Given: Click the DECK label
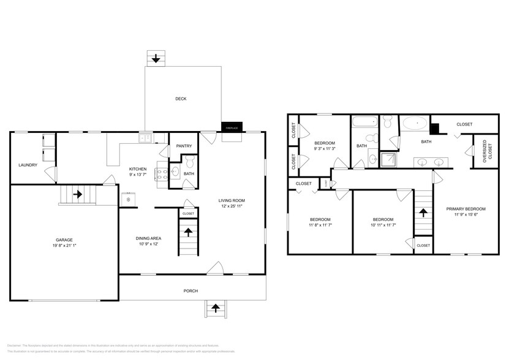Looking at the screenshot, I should pyautogui.click(x=181, y=99).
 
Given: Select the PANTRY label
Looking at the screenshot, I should pyautogui.click(x=184, y=146).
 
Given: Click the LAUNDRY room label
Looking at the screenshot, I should pyautogui.click(x=28, y=165).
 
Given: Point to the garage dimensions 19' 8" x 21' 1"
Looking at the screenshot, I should pyautogui.click(x=65, y=246).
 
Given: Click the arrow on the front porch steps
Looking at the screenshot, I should pyautogui.click(x=215, y=307).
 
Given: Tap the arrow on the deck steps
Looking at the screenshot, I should pyautogui.click(x=156, y=59).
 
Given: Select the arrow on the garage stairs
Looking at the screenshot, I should pyautogui.click(x=78, y=195).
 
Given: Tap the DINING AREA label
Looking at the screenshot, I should pyautogui.click(x=148, y=239).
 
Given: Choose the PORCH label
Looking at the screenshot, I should pyautogui.click(x=190, y=291).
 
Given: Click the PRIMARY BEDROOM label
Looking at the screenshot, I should pyautogui.click(x=466, y=209).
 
